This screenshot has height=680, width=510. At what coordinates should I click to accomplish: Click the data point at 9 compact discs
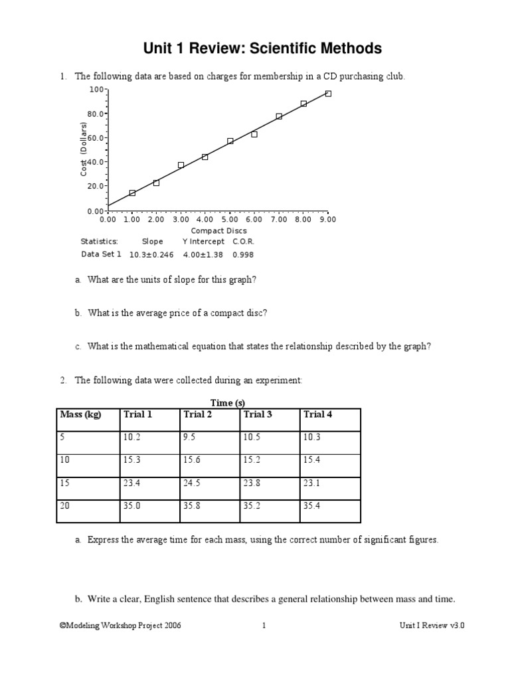(x=328, y=94)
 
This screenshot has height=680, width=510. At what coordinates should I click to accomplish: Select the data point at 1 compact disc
(x=132, y=193)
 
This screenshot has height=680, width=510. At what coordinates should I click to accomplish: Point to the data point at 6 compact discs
(x=254, y=134)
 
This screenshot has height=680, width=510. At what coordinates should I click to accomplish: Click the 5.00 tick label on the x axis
(x=229, y=218)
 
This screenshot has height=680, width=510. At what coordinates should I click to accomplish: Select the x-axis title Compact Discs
(x=218, y=230)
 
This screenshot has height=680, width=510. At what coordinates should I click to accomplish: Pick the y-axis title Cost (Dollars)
(x=84, y=149)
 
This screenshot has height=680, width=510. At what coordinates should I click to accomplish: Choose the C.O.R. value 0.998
(x=243, y=254)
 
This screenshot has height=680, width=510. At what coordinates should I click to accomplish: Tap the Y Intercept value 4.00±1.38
(x=203, y=254)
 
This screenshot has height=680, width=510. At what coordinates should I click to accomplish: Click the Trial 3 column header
(x=258, y=414)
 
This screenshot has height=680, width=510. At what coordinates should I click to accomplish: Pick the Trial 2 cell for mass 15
(x=192, y=483)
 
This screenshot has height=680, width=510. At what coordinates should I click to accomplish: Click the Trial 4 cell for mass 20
(x=313, y=505)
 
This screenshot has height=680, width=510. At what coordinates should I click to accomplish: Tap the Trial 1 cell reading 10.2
(x=131, y=437)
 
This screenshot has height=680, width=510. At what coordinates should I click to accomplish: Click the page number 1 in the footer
(x=264, y=625)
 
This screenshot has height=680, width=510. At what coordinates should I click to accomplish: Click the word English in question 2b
(x=175, y=599)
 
